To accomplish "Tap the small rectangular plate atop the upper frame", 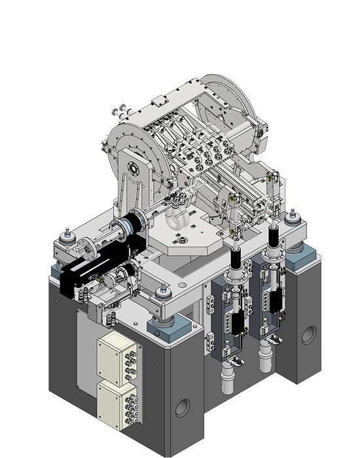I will click(x=158, y=101).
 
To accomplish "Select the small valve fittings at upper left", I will click(x=120, y=111).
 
